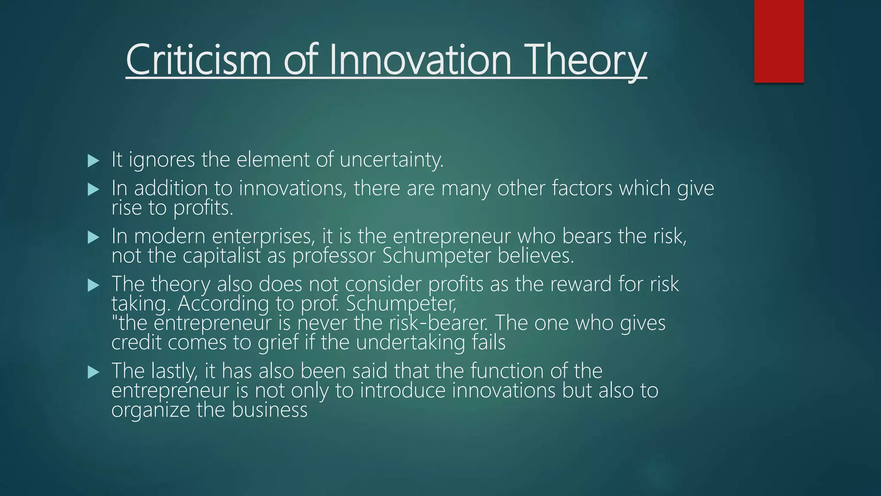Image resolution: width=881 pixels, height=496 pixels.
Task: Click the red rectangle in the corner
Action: click(779, 41)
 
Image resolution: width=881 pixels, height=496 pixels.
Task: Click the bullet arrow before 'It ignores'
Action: click(93, 161)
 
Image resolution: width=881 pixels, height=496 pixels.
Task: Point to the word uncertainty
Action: click(391, 160)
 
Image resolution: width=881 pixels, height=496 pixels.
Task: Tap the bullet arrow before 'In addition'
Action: click(93, 189)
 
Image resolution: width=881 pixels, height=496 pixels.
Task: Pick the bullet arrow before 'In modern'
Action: click(93, 237)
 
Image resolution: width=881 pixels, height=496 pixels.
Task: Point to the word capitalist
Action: click(222, 256)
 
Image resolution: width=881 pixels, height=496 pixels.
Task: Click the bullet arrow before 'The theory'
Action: click(93, 285)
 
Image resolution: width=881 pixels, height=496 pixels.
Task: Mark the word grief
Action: click(278, 343)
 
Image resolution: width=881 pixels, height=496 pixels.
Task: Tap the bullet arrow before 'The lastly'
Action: click(93, 372)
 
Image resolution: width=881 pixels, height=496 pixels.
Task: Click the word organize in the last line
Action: click(151, 410)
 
